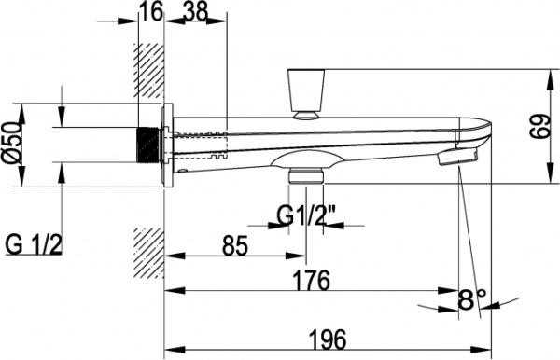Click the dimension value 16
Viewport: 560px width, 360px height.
(x=150, y=12)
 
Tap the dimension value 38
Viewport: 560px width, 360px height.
(x=195, y=11)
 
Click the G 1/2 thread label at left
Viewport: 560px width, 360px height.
(x=34, y=244)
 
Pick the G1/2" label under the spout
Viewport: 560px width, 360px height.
(x=306, y=216)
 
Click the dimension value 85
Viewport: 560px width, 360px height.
(x=234, y=245)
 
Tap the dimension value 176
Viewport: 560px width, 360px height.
(x=311, y=280)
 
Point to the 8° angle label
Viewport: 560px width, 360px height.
(x=472, y=299)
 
